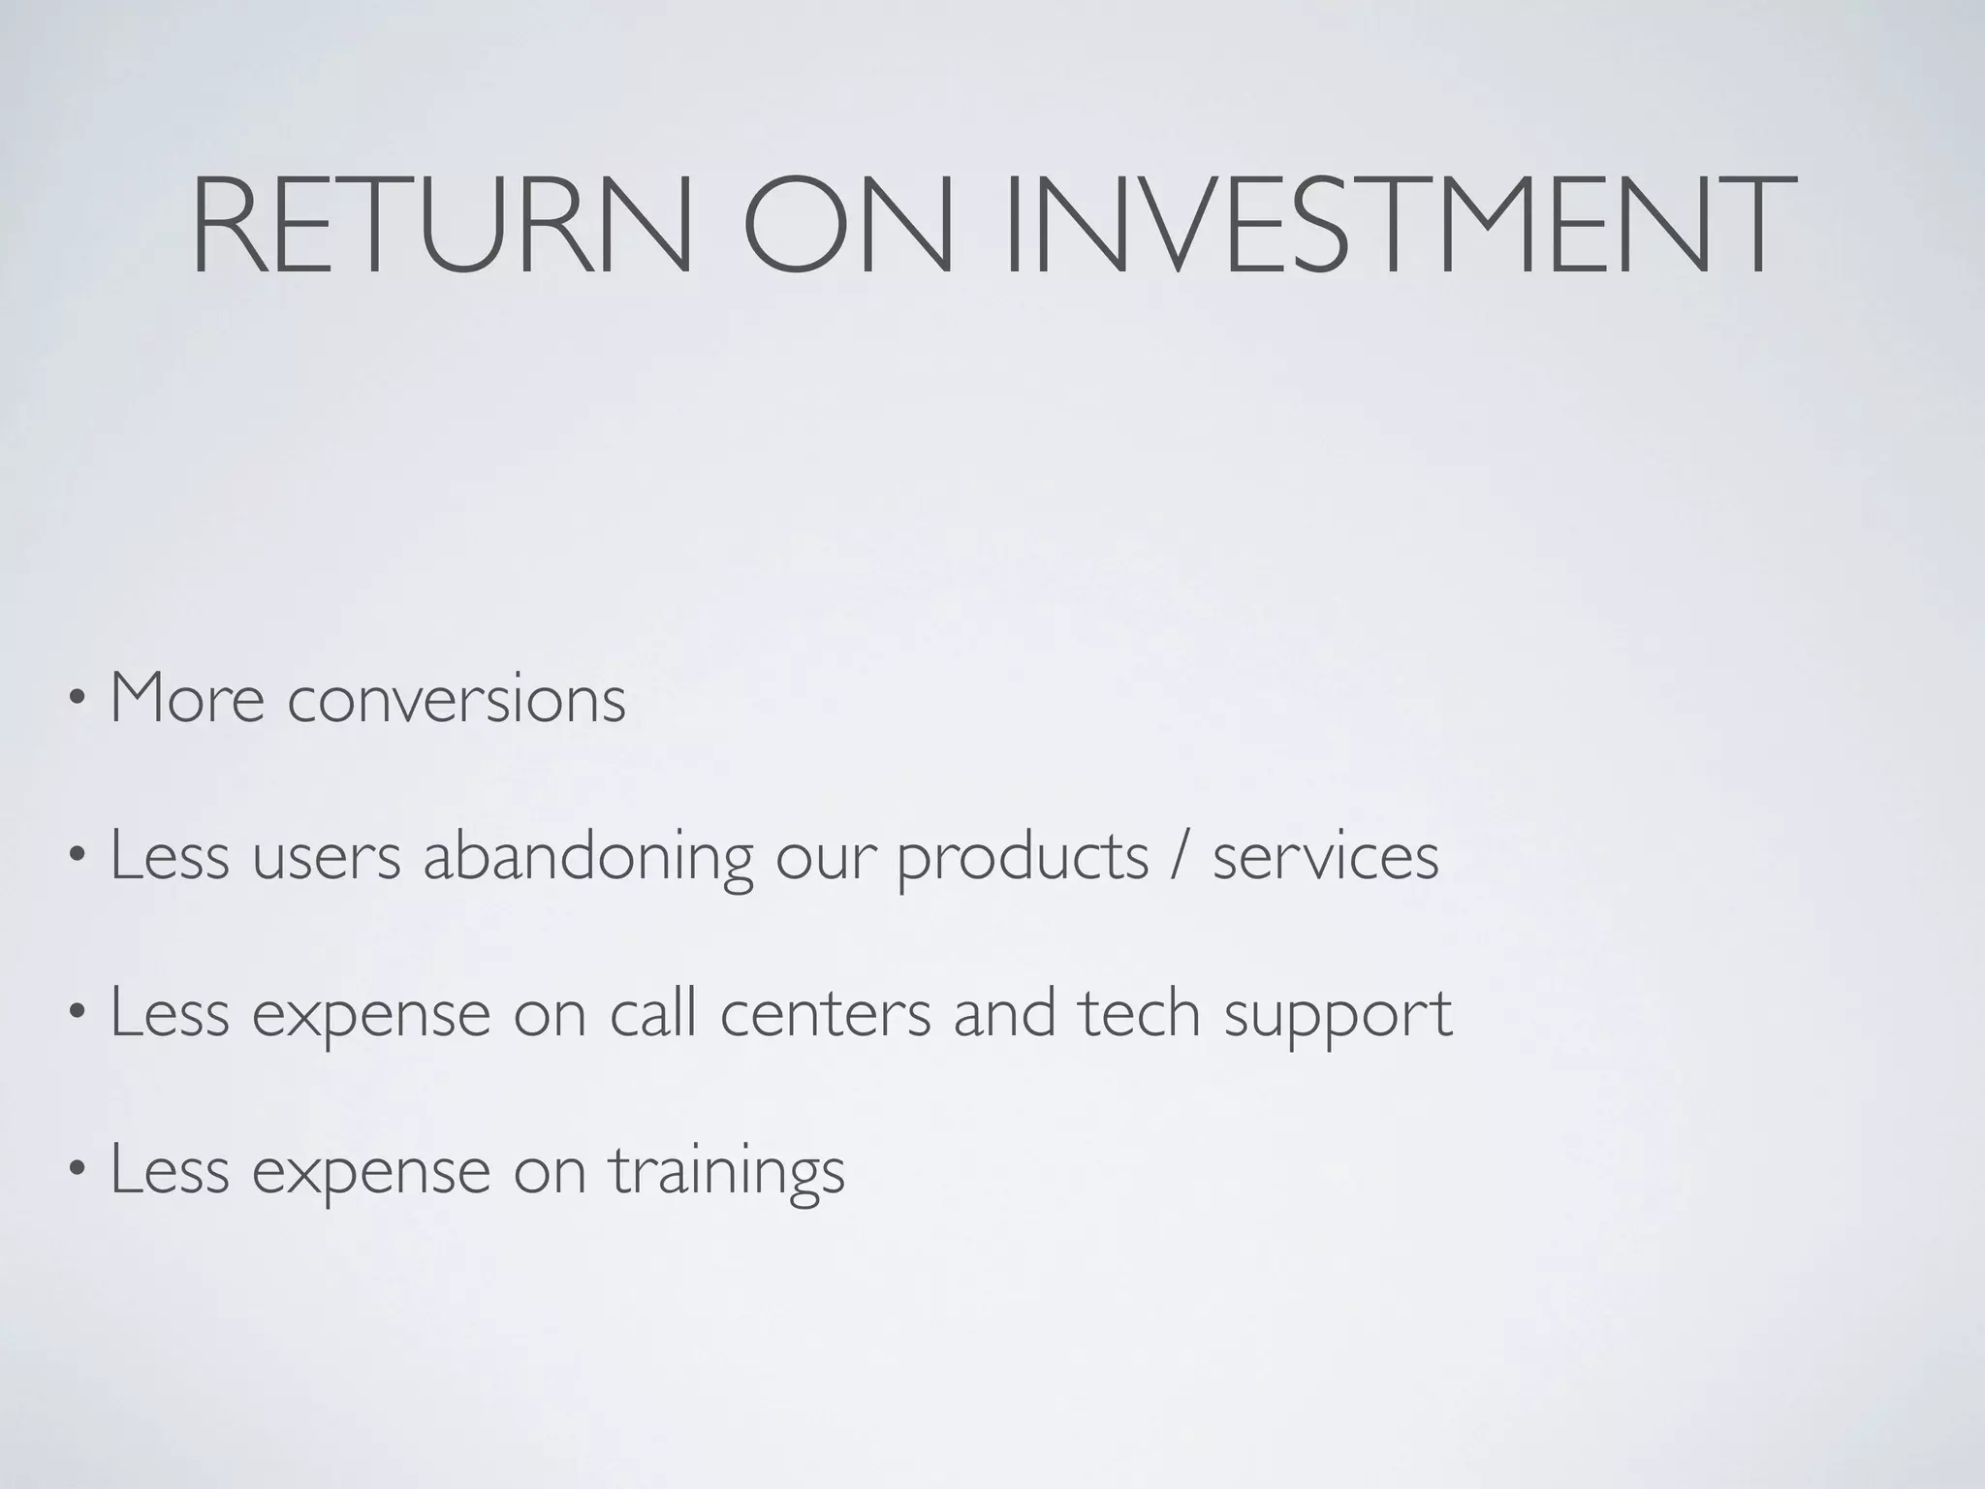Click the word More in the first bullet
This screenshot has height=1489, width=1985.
point(187,697)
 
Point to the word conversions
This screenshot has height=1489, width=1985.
point(457,699)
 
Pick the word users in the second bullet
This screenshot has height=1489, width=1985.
point(327,856)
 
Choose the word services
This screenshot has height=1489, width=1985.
point(1325,856)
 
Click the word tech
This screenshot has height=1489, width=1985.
point(1139,1013)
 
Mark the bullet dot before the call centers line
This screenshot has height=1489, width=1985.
point(77,1014)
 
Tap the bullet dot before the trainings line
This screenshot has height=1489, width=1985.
point(77,1171)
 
